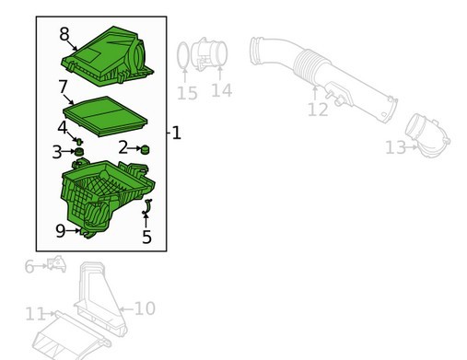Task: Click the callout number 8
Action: (x=64, y=34)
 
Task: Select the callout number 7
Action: (x=63, y=87)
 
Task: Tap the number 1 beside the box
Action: (x=176, y=133)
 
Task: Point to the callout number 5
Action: (x=146, y=237)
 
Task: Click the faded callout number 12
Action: (x=318, y=110)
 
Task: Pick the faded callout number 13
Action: (x=395, y=147)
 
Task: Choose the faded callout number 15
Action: (x=187, y=93)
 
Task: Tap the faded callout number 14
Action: (x=221, y=90)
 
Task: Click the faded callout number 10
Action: (x=145, y=308)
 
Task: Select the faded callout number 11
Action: (x=35, y=314)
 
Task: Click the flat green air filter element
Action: (x=105, y=116)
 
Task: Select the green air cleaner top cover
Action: (x=107, y=57)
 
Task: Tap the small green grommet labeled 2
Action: (x=145, y=150)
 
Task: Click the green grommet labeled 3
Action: (x=79, y=152)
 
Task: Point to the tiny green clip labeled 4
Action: (x=79, y=141)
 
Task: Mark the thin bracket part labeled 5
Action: (x=147, y=206)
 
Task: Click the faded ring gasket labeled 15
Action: (x=178, y=56)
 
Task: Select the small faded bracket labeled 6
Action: (x=57, y=264)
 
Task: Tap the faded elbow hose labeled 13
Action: (x=427, y=136)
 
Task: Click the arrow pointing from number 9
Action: (x=73, y=230)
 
